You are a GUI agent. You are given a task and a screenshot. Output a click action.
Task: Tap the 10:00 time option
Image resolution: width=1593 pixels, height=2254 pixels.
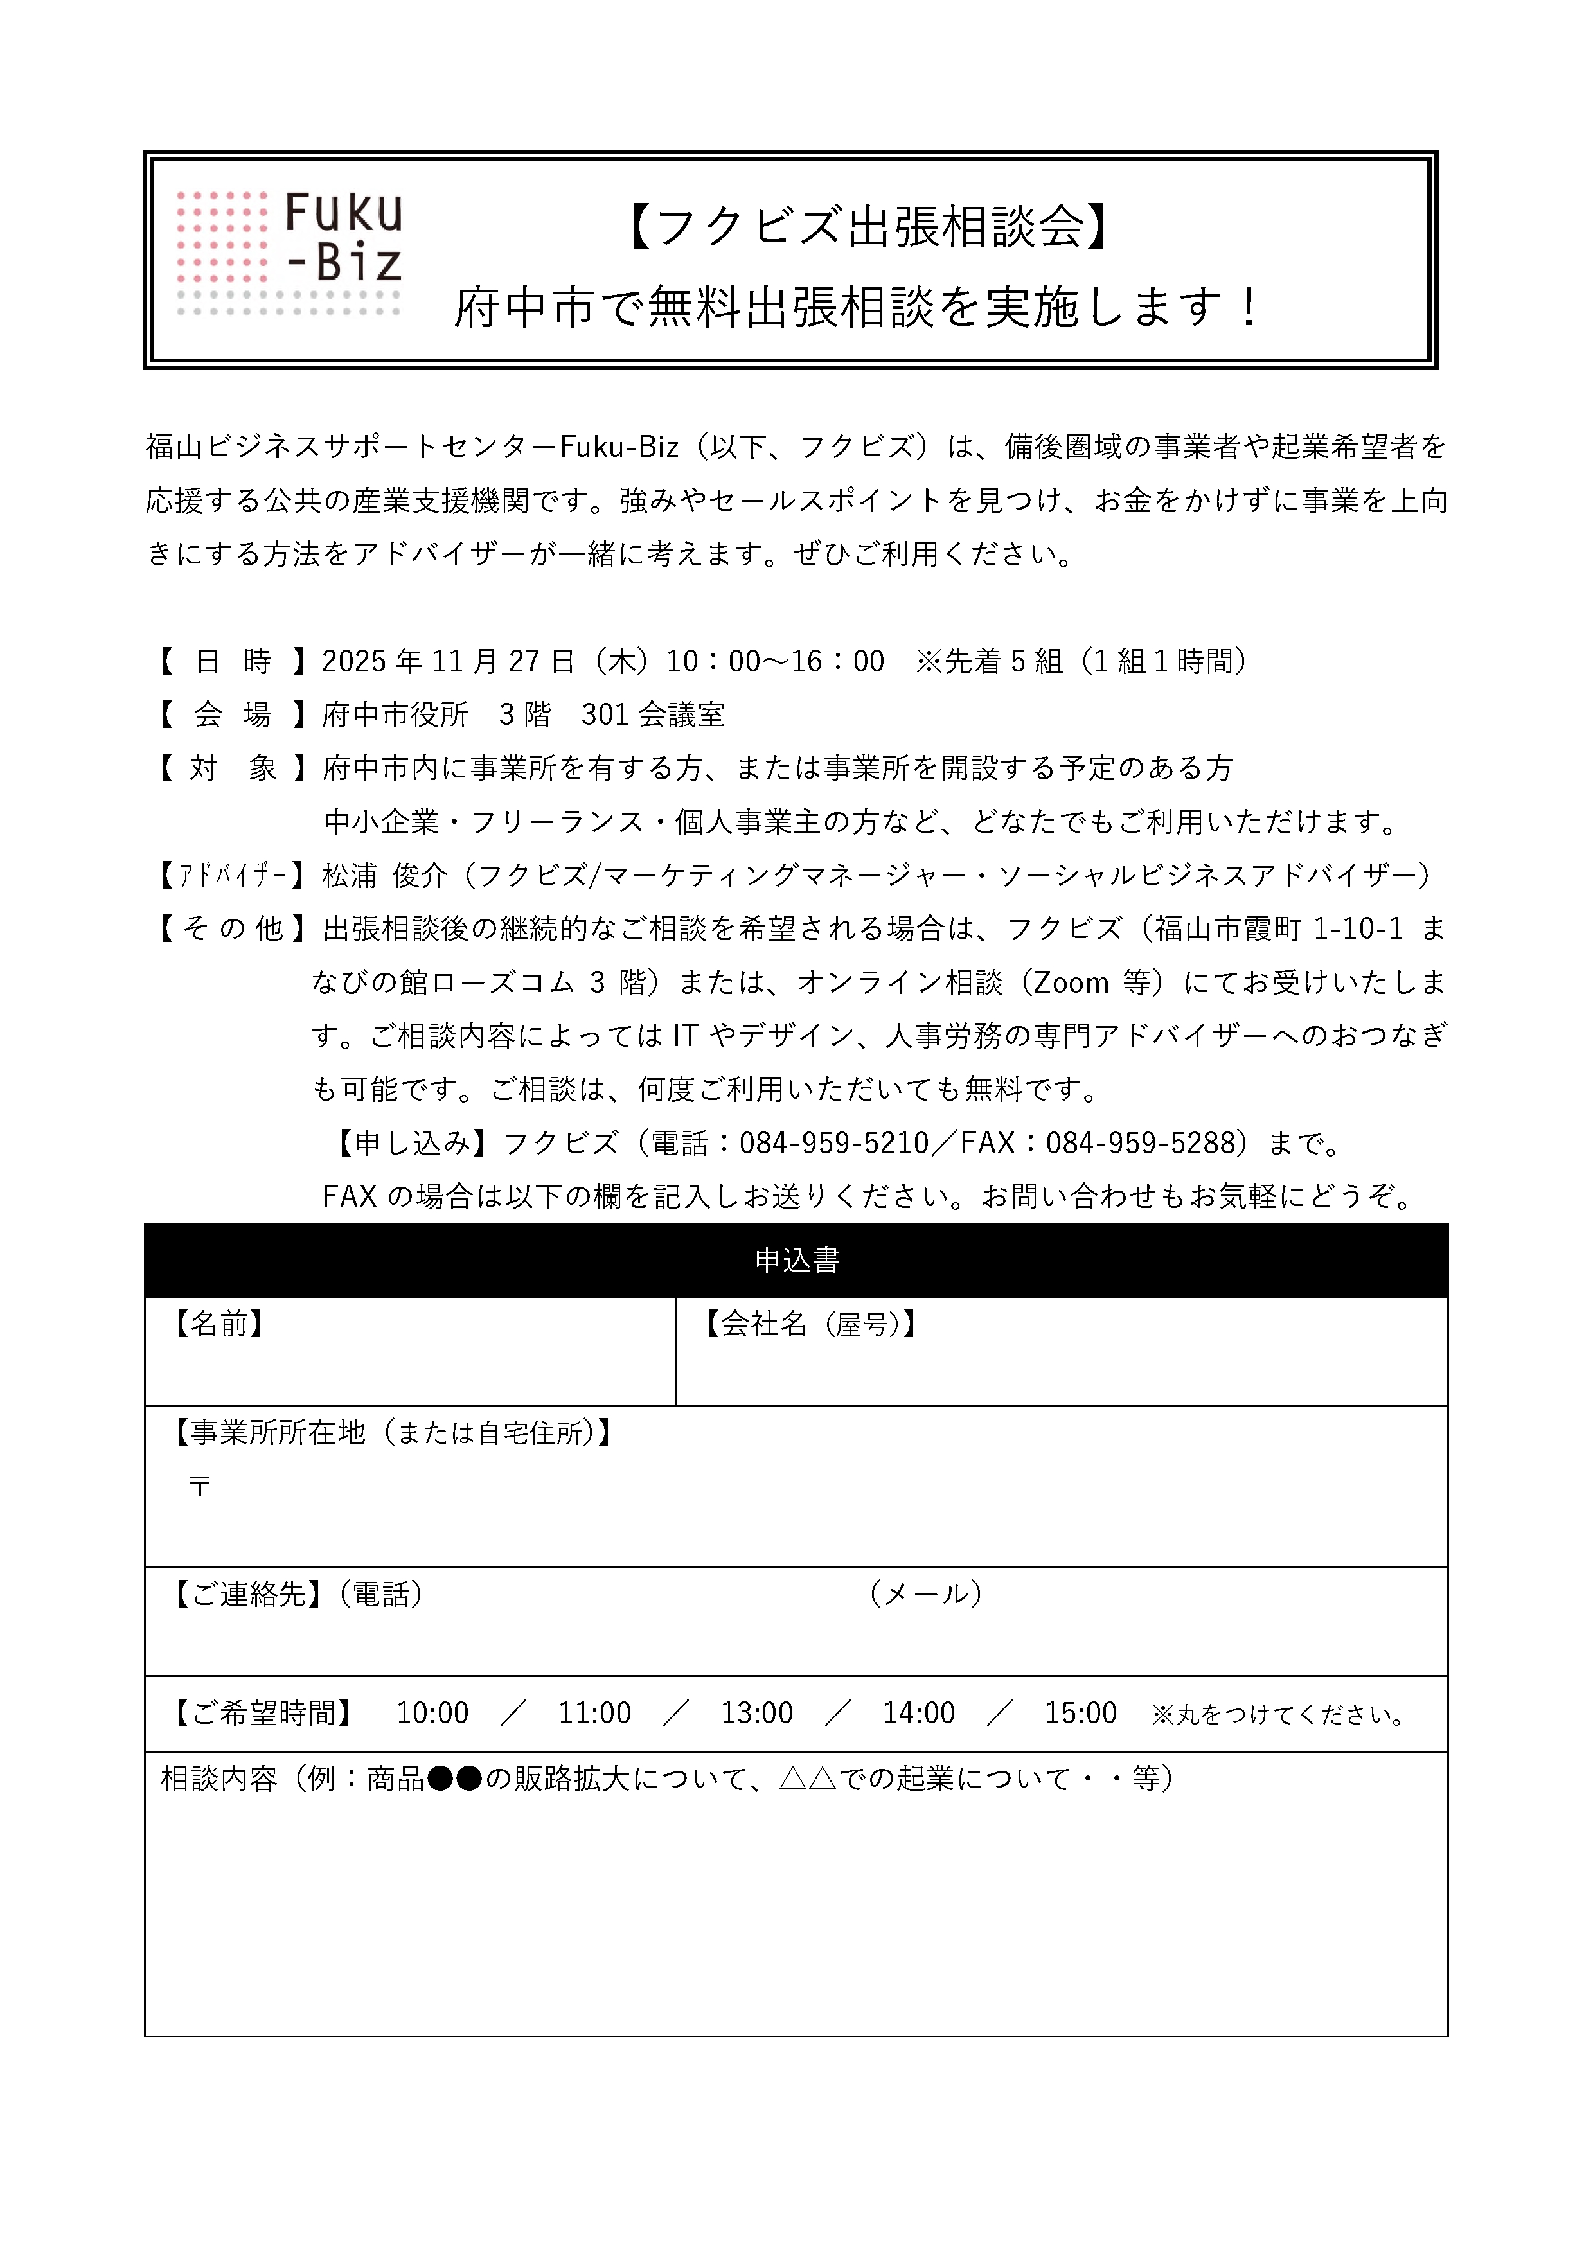coord(432,1713)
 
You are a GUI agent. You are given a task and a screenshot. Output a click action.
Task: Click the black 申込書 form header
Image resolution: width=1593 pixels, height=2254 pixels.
coord(796,1261)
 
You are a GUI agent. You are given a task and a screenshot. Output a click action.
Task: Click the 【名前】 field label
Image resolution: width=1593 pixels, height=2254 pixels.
coord(218,1324)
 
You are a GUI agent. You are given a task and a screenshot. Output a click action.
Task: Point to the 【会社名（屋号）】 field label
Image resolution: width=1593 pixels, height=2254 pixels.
coord(811,1324)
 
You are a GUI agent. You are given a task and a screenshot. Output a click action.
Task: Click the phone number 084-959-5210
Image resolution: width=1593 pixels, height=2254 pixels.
coord(833,1142)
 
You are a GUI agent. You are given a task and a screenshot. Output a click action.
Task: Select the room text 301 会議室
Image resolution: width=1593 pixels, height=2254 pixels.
coord(653,714)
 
